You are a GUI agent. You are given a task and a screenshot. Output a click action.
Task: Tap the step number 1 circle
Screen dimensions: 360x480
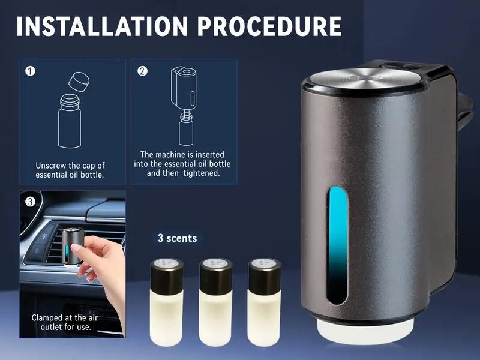30,71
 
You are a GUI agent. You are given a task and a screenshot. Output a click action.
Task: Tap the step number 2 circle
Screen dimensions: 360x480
142,71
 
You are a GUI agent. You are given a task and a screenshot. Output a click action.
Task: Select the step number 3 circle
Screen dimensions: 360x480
30,202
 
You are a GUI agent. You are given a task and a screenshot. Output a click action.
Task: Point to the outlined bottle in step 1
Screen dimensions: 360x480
70,124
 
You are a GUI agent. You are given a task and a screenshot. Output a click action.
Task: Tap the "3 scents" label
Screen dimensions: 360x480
177,238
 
